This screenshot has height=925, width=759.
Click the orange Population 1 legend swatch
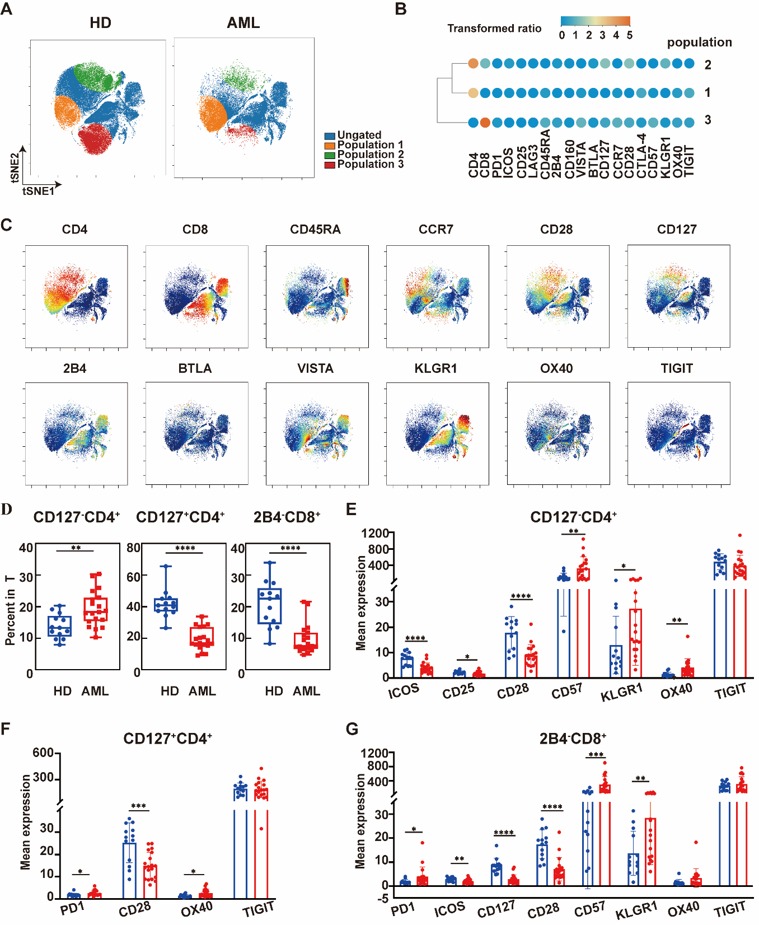click(330, 146)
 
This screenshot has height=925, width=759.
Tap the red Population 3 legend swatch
click(330, 165)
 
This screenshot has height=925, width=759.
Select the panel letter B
click(401, 10)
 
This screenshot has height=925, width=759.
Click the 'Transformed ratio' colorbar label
click(494, 29)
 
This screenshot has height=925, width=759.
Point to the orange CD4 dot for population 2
click(473, 64)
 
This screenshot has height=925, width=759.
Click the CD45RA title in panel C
click(315, 230)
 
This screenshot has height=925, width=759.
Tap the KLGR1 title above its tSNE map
click(435, 368)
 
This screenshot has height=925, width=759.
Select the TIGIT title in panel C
click(677, 368)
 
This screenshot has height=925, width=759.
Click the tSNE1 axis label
click(38, 191)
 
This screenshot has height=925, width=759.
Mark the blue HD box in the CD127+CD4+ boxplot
click(166, 605)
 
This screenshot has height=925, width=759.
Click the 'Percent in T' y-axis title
click(10, 610)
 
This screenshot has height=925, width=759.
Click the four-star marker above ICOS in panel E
click(415, 638)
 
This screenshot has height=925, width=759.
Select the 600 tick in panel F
click(43, 753)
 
